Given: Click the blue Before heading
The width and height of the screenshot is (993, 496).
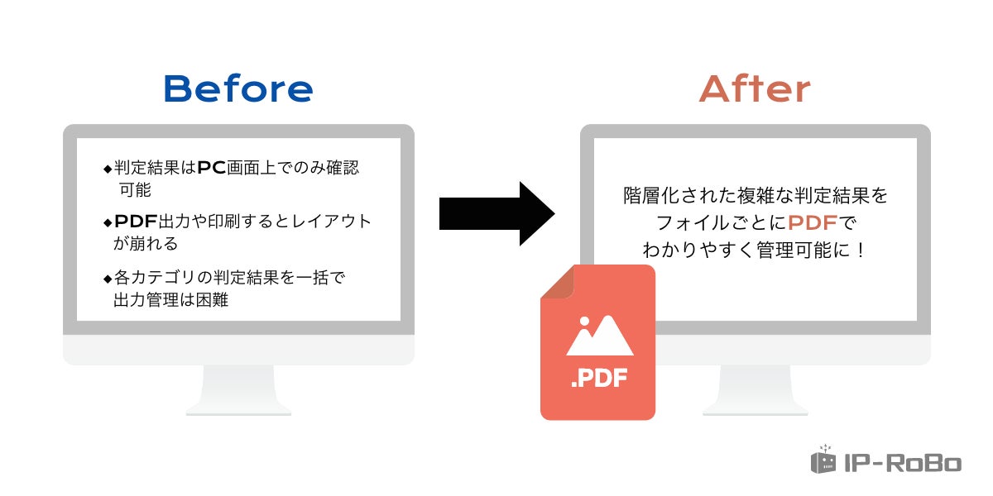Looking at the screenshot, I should [238, 88].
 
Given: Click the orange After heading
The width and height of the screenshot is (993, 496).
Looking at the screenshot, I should [755, 88].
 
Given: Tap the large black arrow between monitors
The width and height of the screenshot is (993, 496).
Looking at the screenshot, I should [496, 213].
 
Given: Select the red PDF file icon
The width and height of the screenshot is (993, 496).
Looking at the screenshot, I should [597, 343].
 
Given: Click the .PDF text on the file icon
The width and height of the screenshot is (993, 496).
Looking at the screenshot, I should [598, 380].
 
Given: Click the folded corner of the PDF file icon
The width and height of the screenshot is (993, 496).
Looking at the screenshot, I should [557, 283].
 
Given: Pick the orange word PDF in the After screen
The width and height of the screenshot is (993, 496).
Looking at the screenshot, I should [812, 222].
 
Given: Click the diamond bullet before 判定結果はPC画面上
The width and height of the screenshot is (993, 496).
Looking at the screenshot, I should [107, 169].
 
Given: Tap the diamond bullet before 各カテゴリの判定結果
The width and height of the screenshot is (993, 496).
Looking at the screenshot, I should [107, 279].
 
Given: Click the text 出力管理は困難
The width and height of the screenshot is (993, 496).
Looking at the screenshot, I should [171, 300].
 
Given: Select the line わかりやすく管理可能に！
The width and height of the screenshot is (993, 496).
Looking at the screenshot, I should [755, 249].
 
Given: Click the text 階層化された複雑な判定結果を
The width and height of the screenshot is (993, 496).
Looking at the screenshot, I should [755, 196].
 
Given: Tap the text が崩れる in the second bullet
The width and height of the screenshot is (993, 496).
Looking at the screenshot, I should [146, 244].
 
